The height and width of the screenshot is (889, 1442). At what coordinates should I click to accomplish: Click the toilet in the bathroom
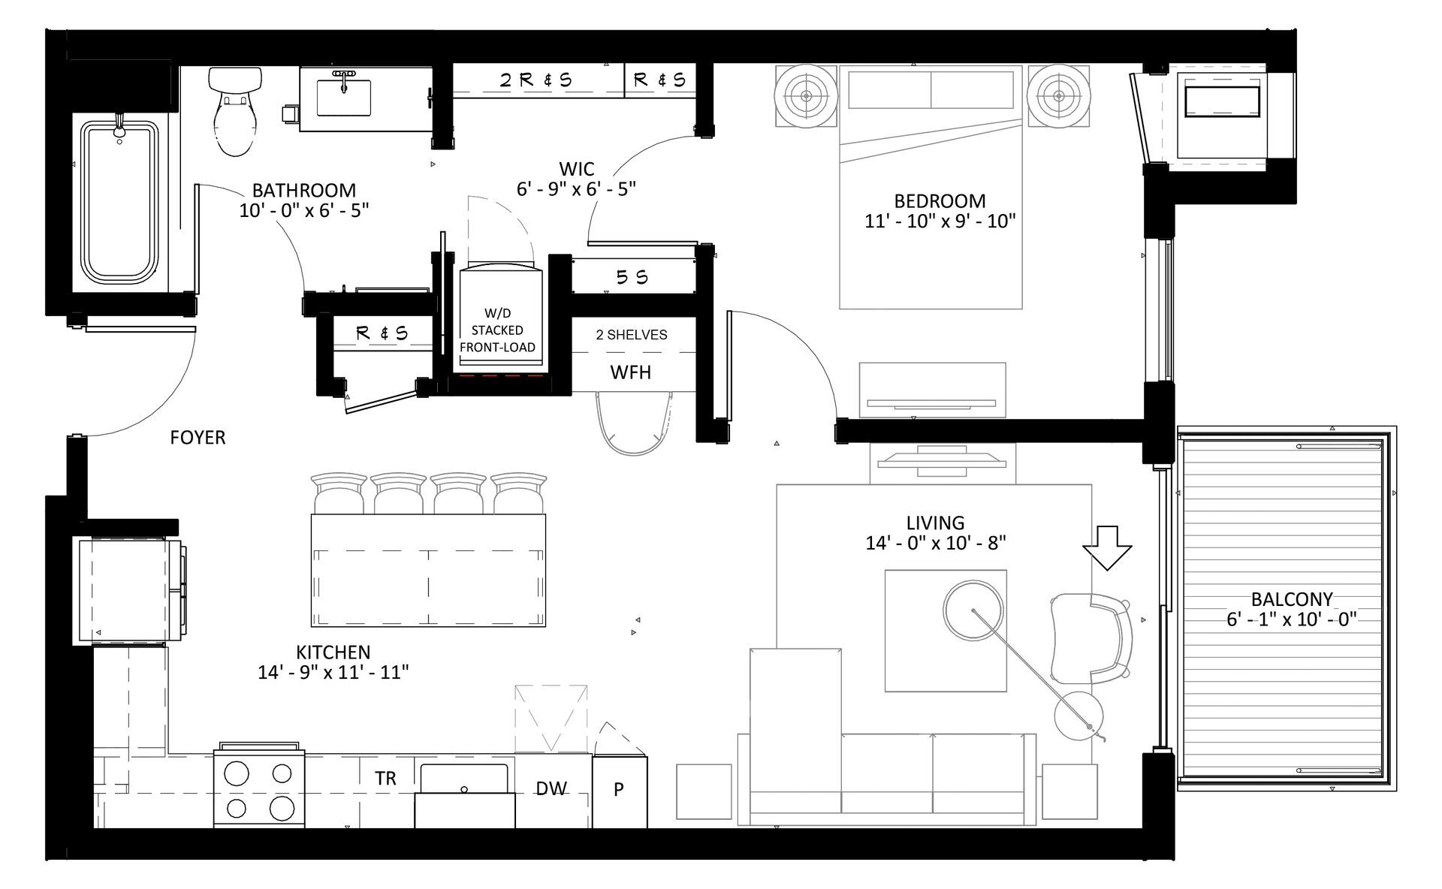(x=235, y=113)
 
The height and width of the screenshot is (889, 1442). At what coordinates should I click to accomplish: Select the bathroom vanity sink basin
(x=344, y=96)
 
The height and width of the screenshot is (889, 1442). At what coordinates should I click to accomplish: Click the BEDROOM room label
(x=940, y=201)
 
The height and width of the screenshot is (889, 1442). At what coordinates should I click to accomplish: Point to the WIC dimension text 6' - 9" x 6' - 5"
(x=576, y=189)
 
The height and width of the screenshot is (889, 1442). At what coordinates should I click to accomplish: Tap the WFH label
(x=630, y=372)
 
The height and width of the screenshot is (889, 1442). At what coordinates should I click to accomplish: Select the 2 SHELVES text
(x=631, y=335)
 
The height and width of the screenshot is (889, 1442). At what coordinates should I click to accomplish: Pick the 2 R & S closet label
(x=535, y=80)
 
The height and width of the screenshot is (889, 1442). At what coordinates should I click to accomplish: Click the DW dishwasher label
(x=551, y=788)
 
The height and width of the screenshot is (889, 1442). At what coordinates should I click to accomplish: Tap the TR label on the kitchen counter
(x=385, y=779)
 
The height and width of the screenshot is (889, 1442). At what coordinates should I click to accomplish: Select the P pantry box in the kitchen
(x=619, y=791)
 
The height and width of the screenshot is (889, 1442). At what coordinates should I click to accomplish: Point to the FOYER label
(x=198, y=437)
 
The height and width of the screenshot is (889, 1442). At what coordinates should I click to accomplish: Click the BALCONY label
(x=1291, y=599)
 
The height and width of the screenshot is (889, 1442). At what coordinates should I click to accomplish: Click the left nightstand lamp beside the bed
(x=806, y=96)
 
